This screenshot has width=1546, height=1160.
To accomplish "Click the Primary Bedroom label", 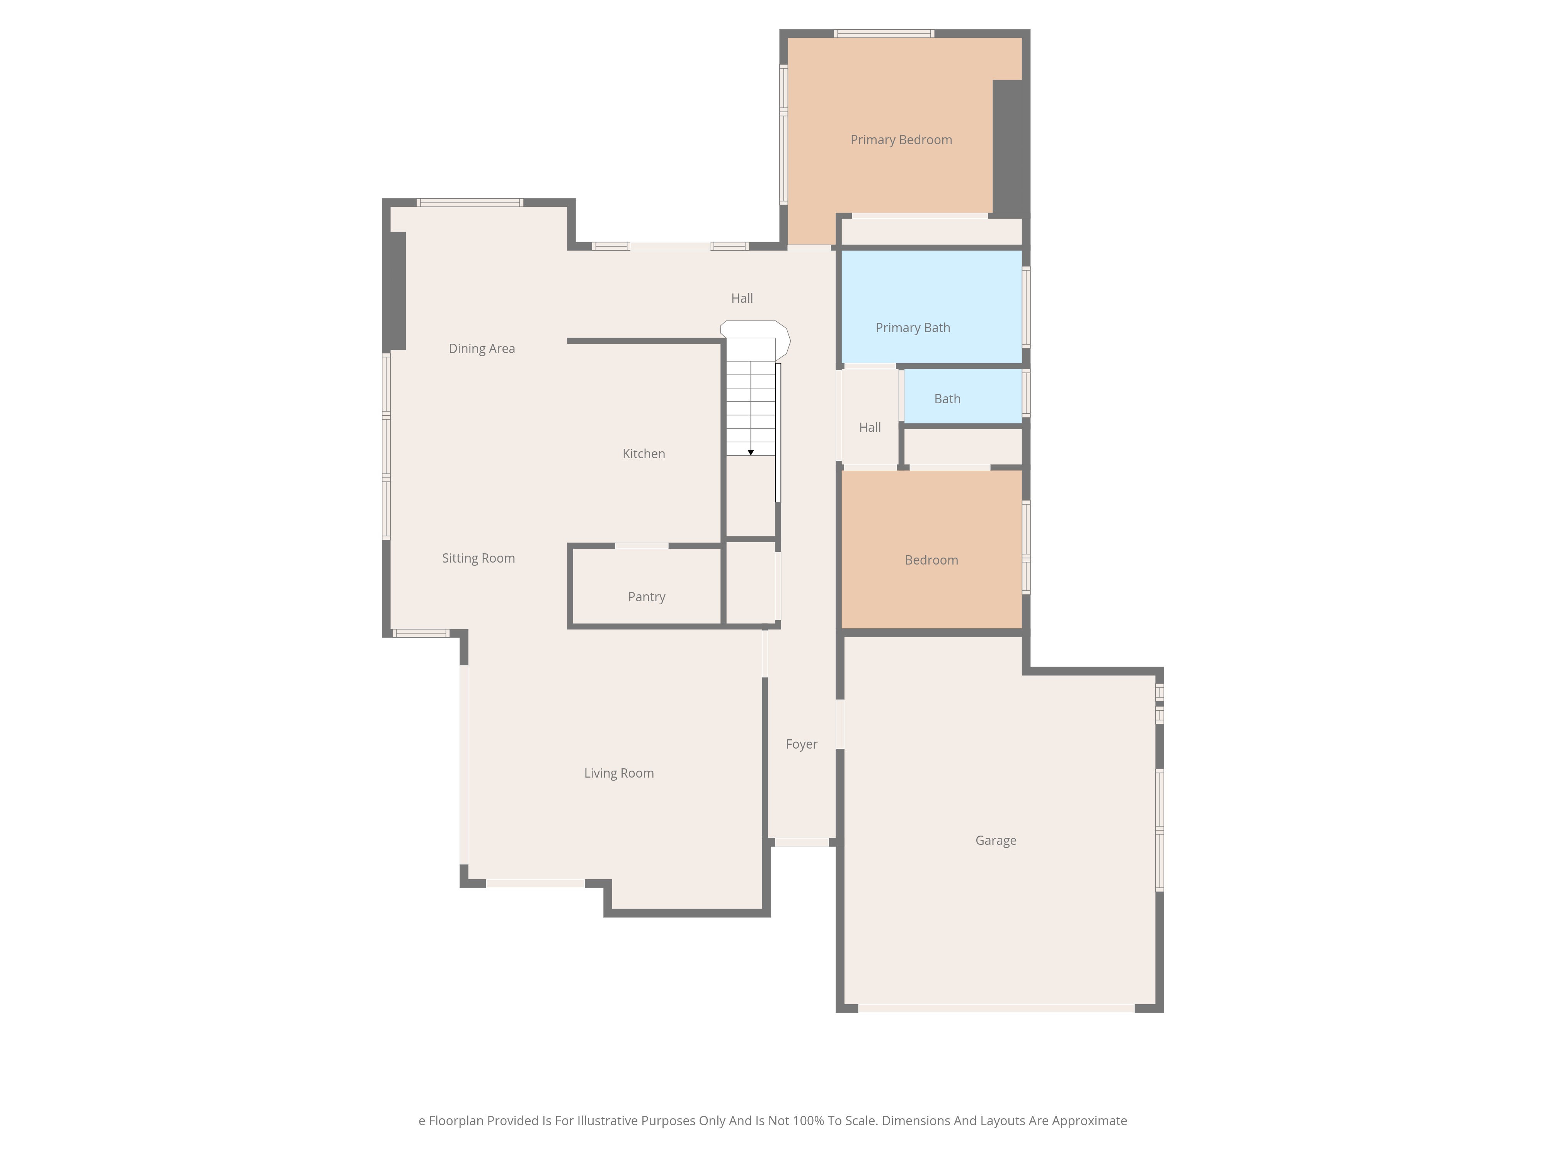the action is point(901,140).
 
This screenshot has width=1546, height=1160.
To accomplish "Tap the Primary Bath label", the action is point(913,328).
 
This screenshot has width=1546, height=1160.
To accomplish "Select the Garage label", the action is point(996,841).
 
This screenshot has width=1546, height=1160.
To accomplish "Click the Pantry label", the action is point(647,597).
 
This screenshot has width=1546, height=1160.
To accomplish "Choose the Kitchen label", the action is point(644,454).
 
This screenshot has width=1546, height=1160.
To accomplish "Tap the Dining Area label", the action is point(482,349).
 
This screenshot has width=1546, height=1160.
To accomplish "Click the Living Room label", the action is point(618,773).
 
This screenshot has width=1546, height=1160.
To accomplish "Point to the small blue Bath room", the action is point(963,396).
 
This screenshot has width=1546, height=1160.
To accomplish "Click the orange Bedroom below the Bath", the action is point(931,549).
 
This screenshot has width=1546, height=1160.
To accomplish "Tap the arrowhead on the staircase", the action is point(751,452).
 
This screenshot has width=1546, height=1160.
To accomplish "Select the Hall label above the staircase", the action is point(742,299).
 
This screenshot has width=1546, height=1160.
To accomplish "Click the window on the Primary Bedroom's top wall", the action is point(884,34).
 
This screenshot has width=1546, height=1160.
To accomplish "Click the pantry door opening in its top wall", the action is point(642,545).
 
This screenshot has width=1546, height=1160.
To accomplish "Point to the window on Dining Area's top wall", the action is point(470,203).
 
